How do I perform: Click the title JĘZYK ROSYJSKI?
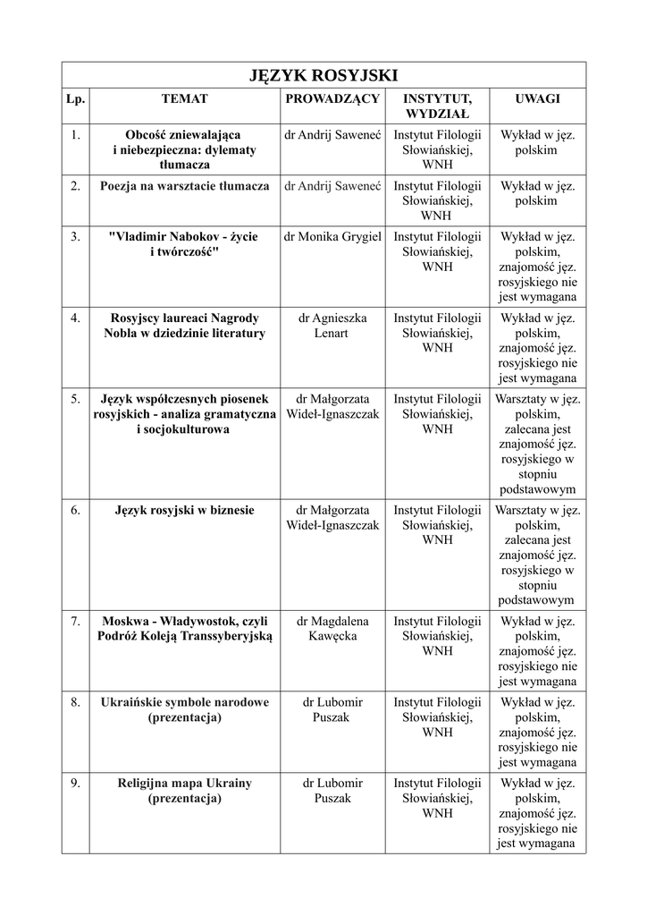(x=323, y=74)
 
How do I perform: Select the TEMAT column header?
(x=184, y=98)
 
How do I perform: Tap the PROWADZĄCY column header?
(x=332, y=98)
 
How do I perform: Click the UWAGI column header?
(x=537, y=98)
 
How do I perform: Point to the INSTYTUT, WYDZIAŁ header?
(x=437, y=106)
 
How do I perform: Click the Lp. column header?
(x=76, y=98)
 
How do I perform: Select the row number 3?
(x=76, y=236)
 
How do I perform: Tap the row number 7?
(x=76, y=620)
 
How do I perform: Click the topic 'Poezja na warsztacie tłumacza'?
(x=185, y=185)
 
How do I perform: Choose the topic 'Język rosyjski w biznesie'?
(x=185, y=510)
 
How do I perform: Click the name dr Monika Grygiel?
(x=332, y=236)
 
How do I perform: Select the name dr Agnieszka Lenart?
(x=332, y=325)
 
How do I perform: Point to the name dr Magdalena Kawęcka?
(x=332, y=628)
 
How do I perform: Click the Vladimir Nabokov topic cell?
(x=184, y=244)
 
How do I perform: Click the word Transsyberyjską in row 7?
(x=222, y=636)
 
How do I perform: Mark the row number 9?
(x=76, y=783)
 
